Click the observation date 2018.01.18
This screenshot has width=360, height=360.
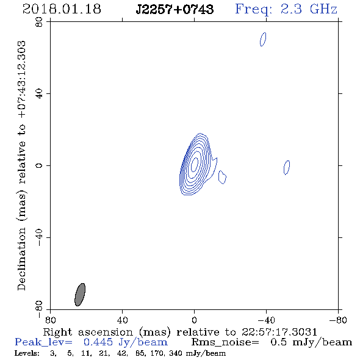[62, 9]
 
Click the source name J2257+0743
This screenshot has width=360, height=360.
[175, 9]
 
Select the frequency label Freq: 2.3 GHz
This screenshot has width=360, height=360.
[286, 9]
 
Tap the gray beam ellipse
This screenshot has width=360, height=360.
[80, 295]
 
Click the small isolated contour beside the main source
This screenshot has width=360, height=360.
[222, 177]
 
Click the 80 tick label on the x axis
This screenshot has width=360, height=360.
[50, 320]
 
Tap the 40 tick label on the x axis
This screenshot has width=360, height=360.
[122, 320]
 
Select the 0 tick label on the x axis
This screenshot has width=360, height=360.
[194, 320]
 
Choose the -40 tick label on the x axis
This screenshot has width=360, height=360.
[266, 320]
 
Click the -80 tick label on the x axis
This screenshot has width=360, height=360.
[338, 320]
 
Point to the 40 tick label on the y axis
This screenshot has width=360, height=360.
[39, 94]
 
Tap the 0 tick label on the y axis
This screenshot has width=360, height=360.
[39, 165]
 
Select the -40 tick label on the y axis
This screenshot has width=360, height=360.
[39, 237]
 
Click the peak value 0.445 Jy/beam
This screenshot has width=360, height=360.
[126, 342]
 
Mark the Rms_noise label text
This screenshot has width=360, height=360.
[225, 342]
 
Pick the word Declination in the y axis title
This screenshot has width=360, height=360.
[21, 259]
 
